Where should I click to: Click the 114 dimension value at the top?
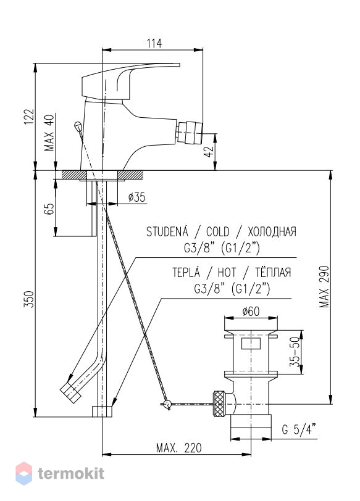(x=154, y=43)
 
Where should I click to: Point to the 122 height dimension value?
(x=29, y=116)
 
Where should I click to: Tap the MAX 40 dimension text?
(x=49, y=132)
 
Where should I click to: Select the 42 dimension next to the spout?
(x=209, y=151)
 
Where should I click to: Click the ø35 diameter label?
(x=137, y=197)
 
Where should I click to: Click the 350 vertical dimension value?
(x=29, y=299)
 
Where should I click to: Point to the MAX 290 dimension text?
(x=325, y=286)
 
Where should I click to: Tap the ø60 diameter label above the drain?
(x=251, y=311)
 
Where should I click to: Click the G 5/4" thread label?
(x=299, y=429)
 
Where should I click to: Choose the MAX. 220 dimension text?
(x=178, y=448)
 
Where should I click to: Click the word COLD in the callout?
(x=218, y=231)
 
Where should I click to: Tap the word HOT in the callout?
(x=227, y=273)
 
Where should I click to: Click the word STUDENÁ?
(x=167, y=231)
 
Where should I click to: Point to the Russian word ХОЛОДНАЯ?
(x=272, y=231)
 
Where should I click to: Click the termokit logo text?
(x=71, y=473)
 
